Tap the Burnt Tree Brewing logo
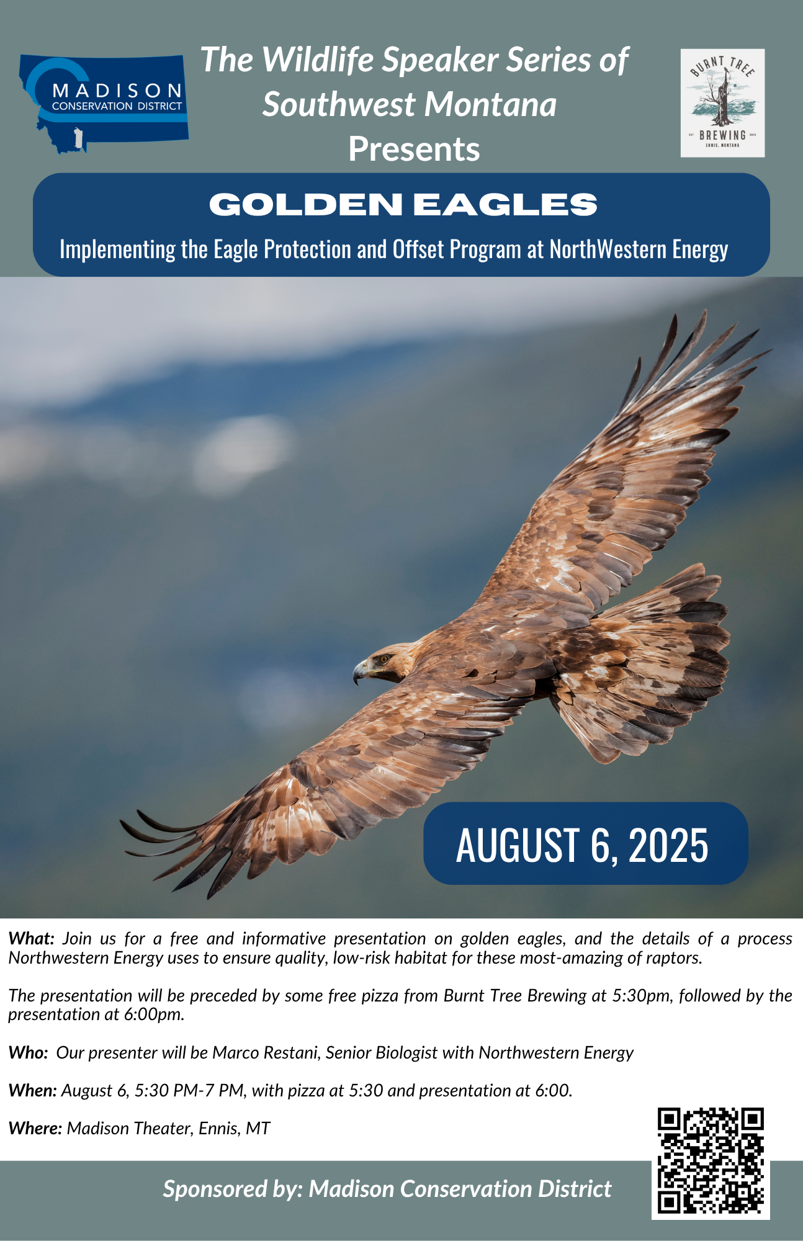tap(722, 102)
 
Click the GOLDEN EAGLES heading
tap(403, 204)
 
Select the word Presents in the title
tap(414, 149)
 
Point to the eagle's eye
tap(384, 658)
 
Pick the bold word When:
tap(32, 1091)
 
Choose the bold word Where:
tap(35, 1129)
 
